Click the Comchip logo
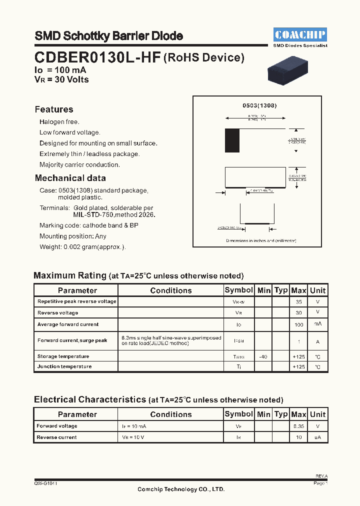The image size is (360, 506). point(300,34)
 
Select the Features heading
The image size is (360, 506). point(54,109)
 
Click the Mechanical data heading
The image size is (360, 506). point(70,178)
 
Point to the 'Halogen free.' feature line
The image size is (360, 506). point(59,122)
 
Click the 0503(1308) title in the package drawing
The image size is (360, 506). point(259,105)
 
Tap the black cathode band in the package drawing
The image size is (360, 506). point(232,140)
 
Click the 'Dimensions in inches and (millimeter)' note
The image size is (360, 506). point(261,240)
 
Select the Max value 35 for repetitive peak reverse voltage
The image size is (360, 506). point(298,302)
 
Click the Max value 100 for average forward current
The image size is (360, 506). point(298,324)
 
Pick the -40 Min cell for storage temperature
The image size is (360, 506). point(263,356)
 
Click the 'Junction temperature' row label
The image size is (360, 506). point(64,366)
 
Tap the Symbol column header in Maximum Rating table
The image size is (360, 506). point(238,290)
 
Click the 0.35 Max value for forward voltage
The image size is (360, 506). point(298,426)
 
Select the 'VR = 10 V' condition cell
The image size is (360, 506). point(133,437)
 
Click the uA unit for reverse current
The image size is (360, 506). point(317,437)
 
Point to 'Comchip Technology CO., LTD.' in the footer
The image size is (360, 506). point(181,489)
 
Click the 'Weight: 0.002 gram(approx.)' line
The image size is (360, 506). point(82,247)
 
